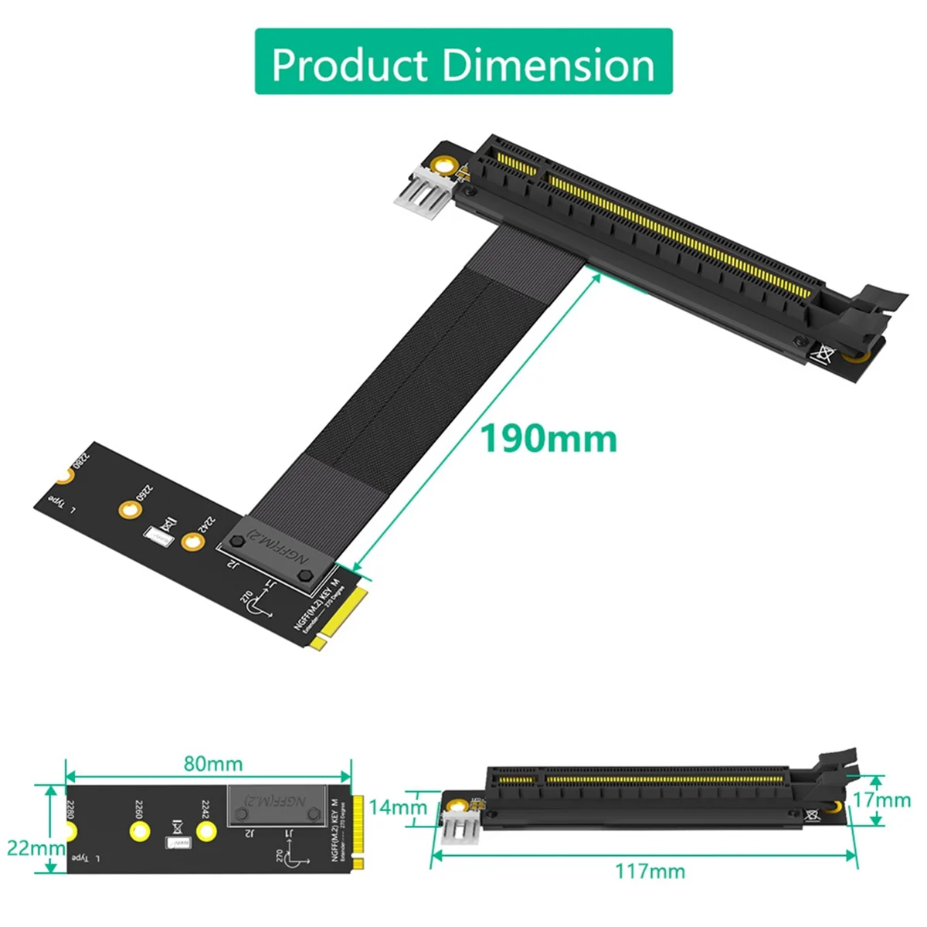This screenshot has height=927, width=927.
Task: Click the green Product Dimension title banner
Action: click(463, 63)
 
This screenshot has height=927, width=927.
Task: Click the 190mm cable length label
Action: click(549, 438)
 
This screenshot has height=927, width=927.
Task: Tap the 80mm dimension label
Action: click(213, 764)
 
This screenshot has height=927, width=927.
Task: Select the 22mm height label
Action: click(36, 847)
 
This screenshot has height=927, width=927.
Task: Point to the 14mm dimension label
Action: click(397, 807)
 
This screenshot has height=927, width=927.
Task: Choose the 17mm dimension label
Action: click(881, 800)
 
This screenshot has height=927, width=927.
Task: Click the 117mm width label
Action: click(650, 871)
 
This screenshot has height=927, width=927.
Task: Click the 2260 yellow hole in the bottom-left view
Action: click(139, 831)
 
